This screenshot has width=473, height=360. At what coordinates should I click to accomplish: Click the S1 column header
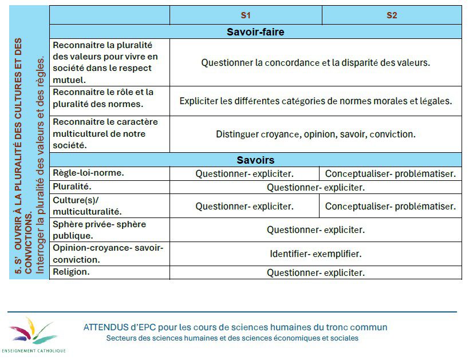pyautogui.click(x=246, y=15)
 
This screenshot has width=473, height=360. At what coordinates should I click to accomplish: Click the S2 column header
pyautogui.click(x=392, y=15)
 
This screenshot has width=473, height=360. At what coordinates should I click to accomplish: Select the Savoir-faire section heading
pyautogui.click(x=255, y=32)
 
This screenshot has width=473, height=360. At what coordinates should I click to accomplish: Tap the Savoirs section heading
pyautogui.click(x=255, y=160)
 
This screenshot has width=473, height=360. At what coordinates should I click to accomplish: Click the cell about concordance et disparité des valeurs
pyautogui.click(x=316, y=62)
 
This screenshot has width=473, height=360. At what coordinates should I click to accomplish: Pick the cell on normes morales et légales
pyautogui.click(x=316, y=101)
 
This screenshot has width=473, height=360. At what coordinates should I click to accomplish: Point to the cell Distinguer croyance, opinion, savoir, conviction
pyautogui.click(x=316, y=134)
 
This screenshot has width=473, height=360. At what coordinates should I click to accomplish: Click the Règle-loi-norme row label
pyautogui.click(x=89, y=173)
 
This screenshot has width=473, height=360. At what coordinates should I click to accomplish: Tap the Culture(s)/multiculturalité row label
pyautogui.click(x=88, y=206)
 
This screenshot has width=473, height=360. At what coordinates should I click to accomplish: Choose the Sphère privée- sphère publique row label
pyautogui.click(x=99, y=230)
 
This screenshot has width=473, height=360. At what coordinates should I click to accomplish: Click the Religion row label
pyautogui.click(x=71, y=272)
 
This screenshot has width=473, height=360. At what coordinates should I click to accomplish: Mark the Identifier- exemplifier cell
pyautogui.click(x=316, y=254)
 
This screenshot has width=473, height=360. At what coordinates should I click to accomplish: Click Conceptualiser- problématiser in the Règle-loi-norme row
pyautogui.click(x=391, y=173)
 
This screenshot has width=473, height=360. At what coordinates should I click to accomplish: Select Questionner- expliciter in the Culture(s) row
pyautogui.click(x=245, y=206)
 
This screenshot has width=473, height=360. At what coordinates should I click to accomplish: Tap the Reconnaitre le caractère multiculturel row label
pyautogui.click(x=105, y=134)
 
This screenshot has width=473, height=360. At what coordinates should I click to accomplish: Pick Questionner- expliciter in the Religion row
pyautogui.click(x=316, y=273)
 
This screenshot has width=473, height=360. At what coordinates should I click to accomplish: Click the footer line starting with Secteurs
pyautogui.click(x=232, y=338)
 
